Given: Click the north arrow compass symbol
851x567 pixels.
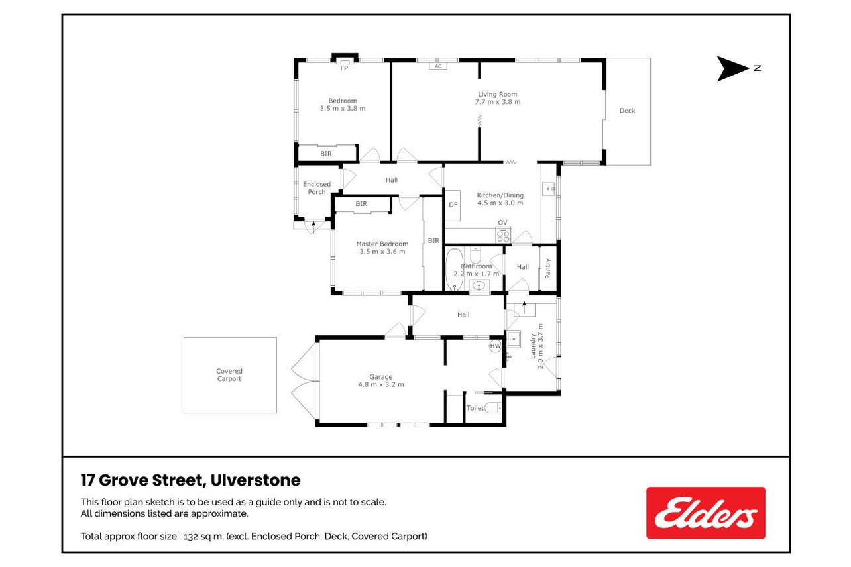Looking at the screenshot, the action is coord(732,69).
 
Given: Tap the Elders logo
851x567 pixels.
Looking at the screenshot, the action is coord(705,513).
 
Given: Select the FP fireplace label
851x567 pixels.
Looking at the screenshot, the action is coord(344,68).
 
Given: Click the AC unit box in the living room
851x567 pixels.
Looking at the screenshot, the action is coord(438,66).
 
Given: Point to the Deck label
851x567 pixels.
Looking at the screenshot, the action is coord(627,111).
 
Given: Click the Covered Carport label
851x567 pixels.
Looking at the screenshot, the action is coord(229,375).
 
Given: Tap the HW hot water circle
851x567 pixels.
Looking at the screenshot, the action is coord(495,346).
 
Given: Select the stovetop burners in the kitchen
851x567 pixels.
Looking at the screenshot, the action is coord(503,235).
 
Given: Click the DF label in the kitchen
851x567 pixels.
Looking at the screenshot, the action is coord(453,205).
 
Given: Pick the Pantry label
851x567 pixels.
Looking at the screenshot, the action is coord(548,268).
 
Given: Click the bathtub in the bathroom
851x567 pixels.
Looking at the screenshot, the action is coord(455,269).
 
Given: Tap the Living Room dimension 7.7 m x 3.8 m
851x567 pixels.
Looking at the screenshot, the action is coord(497,102).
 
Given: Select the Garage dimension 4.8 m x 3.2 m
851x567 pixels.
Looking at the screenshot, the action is coord(380,384).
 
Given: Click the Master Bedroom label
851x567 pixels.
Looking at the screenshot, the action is coord(382,244).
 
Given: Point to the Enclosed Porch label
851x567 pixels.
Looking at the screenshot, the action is coord(316,188).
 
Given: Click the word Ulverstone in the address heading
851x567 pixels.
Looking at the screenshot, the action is coord(255,480).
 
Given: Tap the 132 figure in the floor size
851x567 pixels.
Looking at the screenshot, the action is coord(190,537).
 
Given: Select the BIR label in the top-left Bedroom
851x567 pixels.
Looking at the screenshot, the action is coord(326,154).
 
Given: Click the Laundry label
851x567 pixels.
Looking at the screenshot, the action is coord(533,346).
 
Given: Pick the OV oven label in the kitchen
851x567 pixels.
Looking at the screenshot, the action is coord(502,223).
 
